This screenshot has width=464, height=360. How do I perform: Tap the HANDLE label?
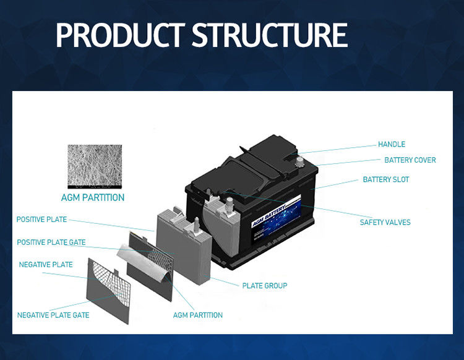pyautogui.click(x=392, y=144)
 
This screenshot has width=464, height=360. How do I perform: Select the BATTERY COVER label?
pyautogui.click(x=410, y=160)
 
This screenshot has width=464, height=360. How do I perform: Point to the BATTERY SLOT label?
pyautogui.click(x=385, y=179)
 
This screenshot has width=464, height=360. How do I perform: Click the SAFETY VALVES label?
pyautogui.click(x=385, y=222)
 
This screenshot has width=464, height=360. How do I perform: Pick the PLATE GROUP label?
pyautogui.click(x=264, y=285)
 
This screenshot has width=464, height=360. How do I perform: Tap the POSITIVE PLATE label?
pyautogui.click(x=41, y=219)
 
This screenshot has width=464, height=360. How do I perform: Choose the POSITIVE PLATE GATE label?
pyautogui.click(x=51, y=242)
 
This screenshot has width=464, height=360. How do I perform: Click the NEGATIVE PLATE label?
pyautogui.click(x=46, y=264)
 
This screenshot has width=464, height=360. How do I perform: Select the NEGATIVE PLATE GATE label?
pyautogui.click(x=53, y=315)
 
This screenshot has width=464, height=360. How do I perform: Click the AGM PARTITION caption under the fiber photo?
pyautogui.click(x=93, y=198)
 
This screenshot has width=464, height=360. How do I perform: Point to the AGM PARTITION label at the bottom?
pyautogui.click(x=198, y=315)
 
